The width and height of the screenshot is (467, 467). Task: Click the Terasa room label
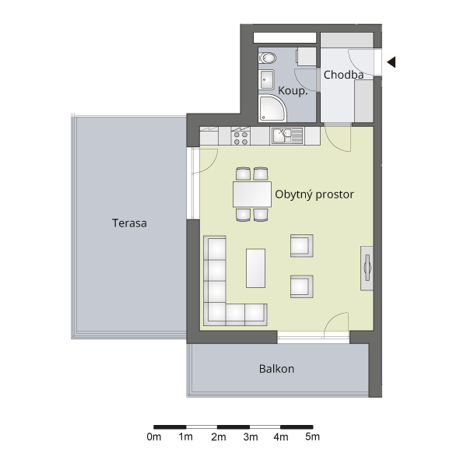click(x=129, y=223)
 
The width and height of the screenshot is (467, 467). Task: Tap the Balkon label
click(x=276, y=369)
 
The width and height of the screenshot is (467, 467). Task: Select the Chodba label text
click(x=343, y=75)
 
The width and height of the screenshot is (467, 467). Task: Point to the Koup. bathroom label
click(x=293, y=90)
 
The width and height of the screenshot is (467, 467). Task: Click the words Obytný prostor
click(x=314, y=195)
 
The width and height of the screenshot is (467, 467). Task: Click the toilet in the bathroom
click(x=267, y=58)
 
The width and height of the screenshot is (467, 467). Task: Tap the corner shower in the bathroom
click(x=272, y=108)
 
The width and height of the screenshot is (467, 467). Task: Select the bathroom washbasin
click(x=266, y=79)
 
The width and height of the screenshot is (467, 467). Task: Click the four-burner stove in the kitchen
click(x=241, y=136)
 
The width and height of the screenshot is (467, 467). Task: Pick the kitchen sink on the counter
click(x=286, y=135)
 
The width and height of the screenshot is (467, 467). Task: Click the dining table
click(x=252, y=195)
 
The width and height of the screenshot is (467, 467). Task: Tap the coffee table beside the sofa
click(x=255, y=269)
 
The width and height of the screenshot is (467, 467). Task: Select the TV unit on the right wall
click(x=367, y=268)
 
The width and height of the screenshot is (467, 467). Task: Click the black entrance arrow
click(x=392, y=62)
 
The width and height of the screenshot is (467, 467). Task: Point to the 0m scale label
click(x=154, y=437)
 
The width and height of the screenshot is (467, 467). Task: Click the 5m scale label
click(x=312, y=437)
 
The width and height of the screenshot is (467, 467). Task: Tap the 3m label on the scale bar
click(x=251, y=437)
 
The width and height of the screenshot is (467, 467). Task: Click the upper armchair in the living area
click(x=302, y=246)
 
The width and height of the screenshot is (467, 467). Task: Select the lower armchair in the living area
click(x=302, y=286)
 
